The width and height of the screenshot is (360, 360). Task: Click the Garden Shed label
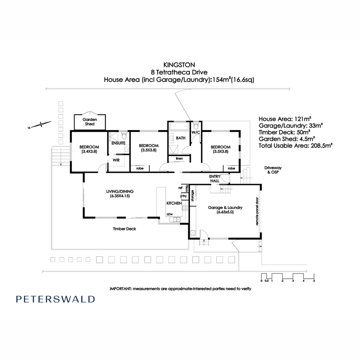click(x=90, y=122)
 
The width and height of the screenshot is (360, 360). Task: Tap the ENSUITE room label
click(x=118, y=143)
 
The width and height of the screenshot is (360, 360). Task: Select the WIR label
click(x=116, y=160)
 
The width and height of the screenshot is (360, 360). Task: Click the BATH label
click(x=181, y=138)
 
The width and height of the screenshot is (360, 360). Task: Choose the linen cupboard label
click(x=179, y=159)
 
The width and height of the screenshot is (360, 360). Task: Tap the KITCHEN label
click(x=174, y=203)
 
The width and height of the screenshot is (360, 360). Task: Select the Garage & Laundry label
click(x=225, y=209)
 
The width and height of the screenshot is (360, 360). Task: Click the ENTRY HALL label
click(x=214, y=178)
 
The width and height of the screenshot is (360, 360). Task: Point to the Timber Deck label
click(x=124, y=229)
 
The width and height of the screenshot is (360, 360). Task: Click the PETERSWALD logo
click(x=55, y=299)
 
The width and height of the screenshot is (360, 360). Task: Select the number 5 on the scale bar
click(x=314, y=281)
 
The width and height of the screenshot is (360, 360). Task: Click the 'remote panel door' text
click(x=257, y=211)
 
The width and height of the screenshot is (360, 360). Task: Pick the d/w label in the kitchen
click(x=169, y=214)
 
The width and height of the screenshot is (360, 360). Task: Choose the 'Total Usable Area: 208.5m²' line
click(x=295, y=146)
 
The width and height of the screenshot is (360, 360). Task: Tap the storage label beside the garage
click(x=192, y=196)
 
